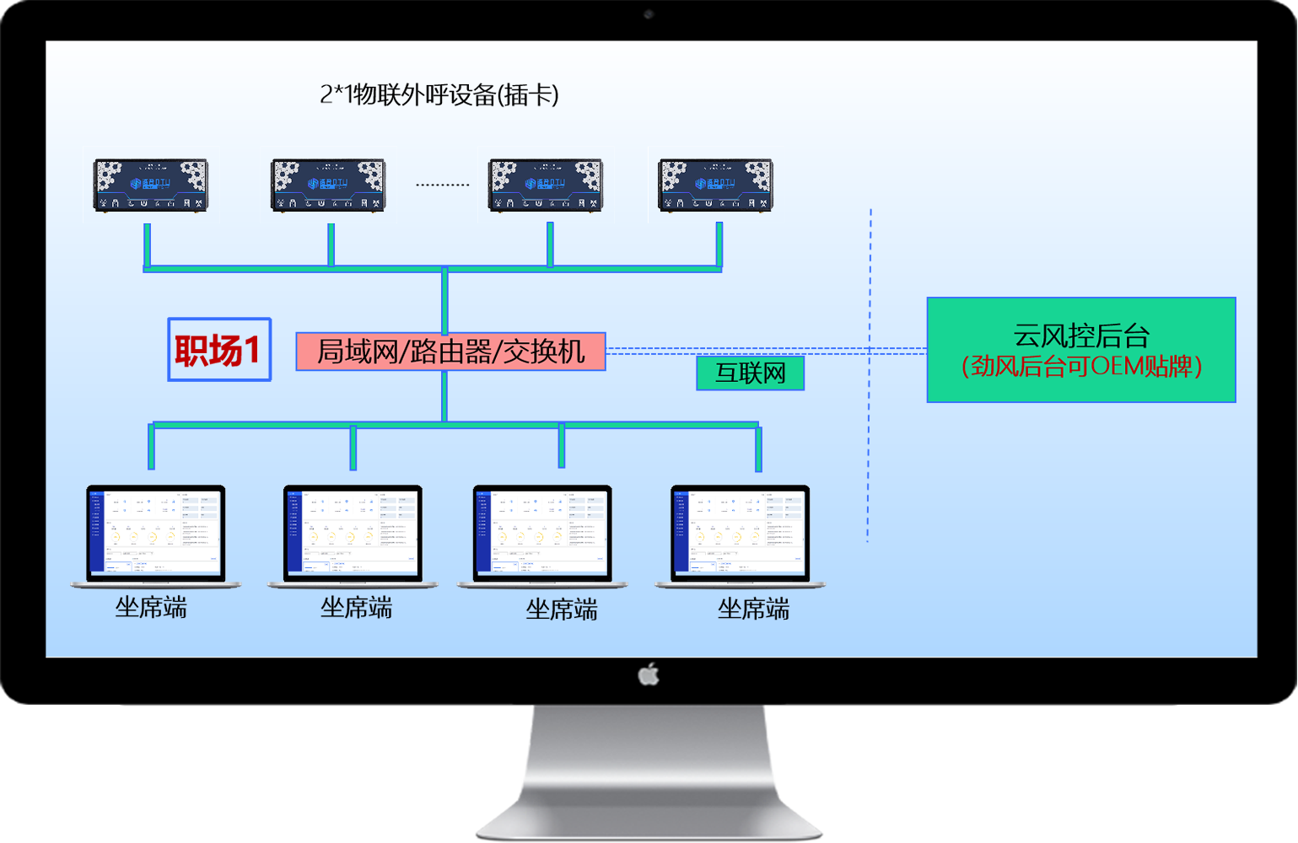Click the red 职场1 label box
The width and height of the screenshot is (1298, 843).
(x=219, y=350)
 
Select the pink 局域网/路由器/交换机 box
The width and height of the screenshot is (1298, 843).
(x=450, y=352)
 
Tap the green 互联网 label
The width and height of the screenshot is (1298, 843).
(x=750, y=373)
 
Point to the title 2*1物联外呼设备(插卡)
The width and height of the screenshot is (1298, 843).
(x=439, y=94)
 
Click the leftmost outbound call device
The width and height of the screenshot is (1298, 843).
(x=150, y=185)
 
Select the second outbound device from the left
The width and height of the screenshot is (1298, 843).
(x=328, y=185)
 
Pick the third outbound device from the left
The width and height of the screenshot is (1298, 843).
(x=547, y=185)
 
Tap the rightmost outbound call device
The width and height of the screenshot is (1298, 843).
(x=715, y=185)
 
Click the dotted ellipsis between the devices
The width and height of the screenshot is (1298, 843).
(x=442, y=185)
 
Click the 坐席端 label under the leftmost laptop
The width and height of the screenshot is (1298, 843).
(x=151, y=607)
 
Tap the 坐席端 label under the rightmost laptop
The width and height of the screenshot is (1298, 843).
(x=753, y=609)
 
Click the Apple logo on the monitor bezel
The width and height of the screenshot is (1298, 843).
(x=649, y=674)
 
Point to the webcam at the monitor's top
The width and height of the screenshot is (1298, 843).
(x=649, y=14)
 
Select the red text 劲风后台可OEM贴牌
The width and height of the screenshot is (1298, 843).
(x=1081, y=367)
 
